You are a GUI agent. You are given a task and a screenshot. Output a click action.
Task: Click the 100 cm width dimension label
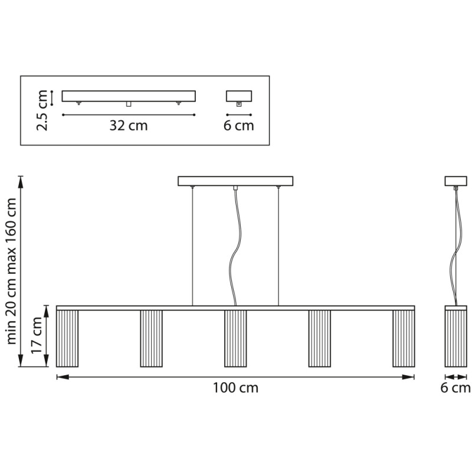(235, 388)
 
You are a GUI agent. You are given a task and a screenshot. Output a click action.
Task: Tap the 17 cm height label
(37, 336)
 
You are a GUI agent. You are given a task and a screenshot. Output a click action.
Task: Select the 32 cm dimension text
(129, 126)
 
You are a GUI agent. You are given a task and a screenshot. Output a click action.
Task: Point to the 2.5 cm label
(42, 110)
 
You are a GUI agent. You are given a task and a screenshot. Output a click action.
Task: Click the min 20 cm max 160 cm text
(11, 271)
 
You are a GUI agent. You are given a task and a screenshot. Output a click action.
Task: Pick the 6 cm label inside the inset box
(239, 126)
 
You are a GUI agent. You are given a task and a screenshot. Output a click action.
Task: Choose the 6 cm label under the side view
(455, 388)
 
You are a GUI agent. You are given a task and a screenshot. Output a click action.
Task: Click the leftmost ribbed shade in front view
(67, 339)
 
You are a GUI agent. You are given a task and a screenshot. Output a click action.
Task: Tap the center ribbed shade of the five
(235, 339)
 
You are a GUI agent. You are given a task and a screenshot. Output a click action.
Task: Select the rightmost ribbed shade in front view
(404, 339)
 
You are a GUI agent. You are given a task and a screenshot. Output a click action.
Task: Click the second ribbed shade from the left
(152, 339)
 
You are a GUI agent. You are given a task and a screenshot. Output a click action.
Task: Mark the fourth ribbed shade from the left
(320, 339)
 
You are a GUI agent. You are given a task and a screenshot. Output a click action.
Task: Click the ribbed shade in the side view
(455, 339)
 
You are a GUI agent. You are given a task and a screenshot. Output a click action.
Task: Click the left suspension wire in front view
(193, 247)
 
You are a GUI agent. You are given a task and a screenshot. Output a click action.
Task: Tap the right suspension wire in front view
(278, 247)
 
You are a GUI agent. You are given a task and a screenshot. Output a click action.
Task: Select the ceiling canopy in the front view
(235, 181)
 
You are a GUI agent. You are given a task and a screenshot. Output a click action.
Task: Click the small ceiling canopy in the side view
(455, 181)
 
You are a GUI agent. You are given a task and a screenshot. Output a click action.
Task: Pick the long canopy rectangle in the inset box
(129, 96)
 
